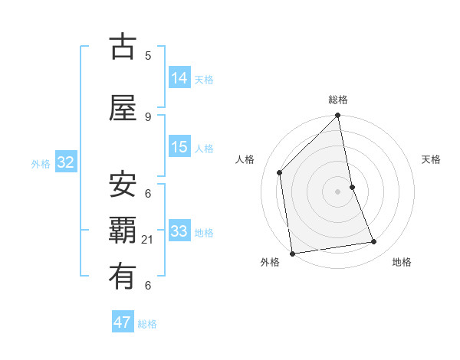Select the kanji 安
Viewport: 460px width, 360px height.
click(123, 185)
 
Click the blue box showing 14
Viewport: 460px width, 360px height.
click(179, 77)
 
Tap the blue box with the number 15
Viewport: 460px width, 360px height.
click(179, 147)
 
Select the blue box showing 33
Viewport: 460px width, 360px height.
click(179, 231)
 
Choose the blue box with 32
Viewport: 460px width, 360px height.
click(65, 162)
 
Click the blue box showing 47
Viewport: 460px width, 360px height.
click(123, 322)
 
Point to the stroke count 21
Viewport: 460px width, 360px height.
click(148, 240)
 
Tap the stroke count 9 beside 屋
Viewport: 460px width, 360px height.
click(148, 116)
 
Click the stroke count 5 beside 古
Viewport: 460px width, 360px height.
click(148, 55)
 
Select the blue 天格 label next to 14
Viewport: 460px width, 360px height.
click(204, 79)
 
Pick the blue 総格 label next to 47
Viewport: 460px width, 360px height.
click(147, 324)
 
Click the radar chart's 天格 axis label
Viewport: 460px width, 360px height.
click(432, 159)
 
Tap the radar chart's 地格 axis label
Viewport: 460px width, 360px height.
click(402, 262)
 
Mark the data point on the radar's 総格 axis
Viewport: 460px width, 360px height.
click(338, 116)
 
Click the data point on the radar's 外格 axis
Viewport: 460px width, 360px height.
click(292, 253)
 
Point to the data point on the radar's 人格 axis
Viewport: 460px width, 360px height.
click(280, 172)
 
